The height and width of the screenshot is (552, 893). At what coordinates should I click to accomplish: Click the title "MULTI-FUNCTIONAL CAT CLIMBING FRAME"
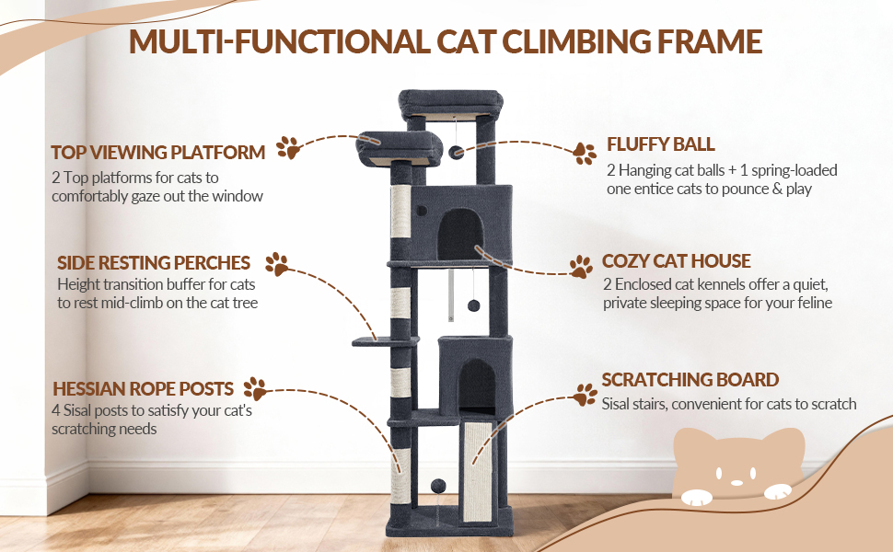[446, 41]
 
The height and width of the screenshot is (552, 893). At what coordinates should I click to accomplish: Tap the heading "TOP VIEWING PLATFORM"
[158, 153]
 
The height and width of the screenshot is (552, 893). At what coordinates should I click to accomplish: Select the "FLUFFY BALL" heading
[661, 144]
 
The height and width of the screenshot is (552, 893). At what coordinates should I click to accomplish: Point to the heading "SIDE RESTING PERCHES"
[154, 263]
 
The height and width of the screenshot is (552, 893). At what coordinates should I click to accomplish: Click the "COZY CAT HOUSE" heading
[677, 261]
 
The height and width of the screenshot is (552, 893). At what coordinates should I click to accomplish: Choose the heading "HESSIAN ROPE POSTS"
[143, 388]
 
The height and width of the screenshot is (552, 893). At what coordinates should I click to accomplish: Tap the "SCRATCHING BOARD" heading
[690, 380]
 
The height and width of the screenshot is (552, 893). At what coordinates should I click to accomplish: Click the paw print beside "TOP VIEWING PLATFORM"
[289, 148]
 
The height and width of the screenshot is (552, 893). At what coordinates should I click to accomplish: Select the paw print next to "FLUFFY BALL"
[585, 154]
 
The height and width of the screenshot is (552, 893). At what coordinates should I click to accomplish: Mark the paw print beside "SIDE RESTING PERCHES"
[277, 264]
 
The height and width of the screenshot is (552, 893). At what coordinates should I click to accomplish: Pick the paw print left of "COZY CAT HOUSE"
[582, 266]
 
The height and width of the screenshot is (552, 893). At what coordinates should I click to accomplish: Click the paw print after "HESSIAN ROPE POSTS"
[256, 388]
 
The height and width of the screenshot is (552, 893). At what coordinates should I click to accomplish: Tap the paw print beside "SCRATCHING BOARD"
[585, 395]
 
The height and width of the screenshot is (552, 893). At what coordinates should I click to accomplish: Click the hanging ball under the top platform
[457, 153]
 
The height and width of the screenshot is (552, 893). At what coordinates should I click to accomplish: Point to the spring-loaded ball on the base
[437, 487]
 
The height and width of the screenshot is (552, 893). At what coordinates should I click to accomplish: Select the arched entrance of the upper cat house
[460, 235]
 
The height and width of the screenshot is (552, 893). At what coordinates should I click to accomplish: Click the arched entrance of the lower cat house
[477, 386]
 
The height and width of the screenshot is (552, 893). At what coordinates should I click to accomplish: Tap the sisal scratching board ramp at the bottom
[478, 472]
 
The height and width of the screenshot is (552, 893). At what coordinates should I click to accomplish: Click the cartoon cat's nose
[736, 483]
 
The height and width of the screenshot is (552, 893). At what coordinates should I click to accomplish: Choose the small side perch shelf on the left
[385, 341]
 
